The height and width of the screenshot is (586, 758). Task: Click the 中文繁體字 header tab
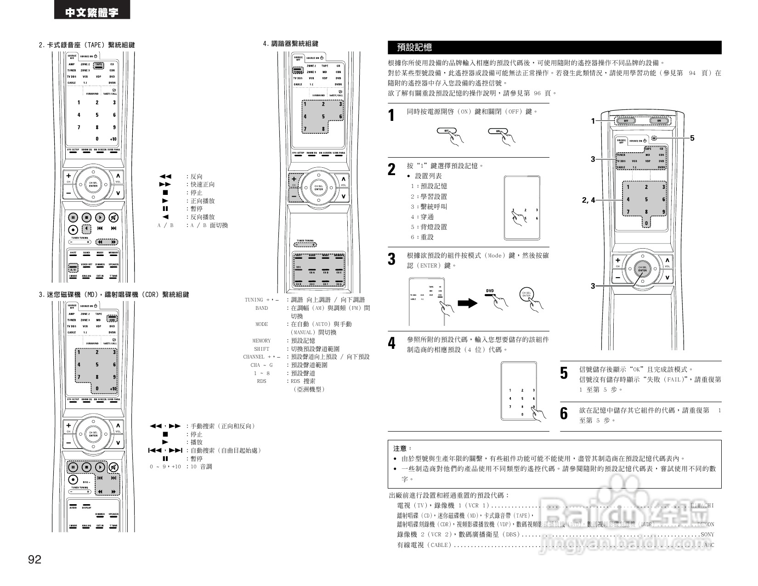[x=92, y=12]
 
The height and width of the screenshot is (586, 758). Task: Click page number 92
[x=35, y=559]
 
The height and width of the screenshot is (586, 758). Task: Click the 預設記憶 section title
[x=414, y=47]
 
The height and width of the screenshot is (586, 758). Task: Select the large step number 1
[x=391, y=115]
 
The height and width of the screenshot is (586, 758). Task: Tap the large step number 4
[x=391, y=343]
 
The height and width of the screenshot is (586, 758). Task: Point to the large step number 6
[x=564, y=413]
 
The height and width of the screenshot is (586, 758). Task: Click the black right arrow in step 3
[x=468, y=303]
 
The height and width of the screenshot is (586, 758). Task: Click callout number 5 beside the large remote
[x=692, y=138]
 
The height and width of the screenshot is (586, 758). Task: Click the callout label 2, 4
[x=588, y=200]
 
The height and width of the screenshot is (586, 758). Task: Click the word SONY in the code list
[x=707, y=535]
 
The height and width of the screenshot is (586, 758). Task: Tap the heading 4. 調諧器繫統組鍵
[x=291, y=44]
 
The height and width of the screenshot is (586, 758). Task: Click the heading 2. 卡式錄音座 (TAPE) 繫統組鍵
[x=87, y=45]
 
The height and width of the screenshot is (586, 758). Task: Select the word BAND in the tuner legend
[x=261, y=308]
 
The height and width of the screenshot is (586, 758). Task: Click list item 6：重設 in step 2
[x=422, y=237]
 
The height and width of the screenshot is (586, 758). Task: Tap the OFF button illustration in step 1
[x=447, y=131]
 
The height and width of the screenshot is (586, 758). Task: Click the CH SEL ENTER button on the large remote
[x=642, y=269]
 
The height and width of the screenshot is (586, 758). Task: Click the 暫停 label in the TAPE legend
[x=197, y=209]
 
